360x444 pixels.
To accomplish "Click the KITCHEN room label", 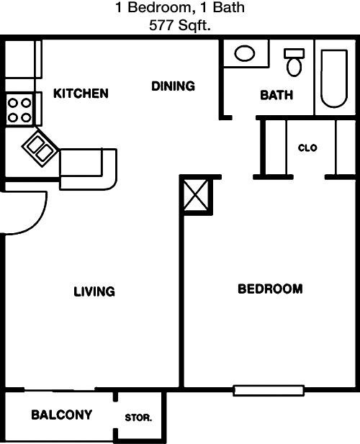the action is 81,94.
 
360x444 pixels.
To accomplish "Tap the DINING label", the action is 173,86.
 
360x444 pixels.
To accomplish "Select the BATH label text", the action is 276,95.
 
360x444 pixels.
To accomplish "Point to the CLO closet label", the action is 307,148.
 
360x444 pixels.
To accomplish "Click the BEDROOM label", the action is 270,289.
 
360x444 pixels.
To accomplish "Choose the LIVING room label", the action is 94,291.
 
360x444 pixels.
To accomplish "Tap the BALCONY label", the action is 61,414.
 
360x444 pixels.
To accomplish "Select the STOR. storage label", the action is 138,417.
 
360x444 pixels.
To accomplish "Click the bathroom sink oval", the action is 245,53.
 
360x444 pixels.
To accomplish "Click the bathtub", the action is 334,78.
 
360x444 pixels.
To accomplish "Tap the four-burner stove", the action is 19,110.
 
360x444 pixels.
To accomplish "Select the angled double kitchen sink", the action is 41,148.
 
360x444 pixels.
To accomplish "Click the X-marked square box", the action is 196,195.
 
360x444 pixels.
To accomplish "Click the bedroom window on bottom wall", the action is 269,391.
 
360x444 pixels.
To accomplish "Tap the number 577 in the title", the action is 161,26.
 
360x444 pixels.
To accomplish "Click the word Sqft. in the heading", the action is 194,26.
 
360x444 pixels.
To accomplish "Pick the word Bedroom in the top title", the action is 160,7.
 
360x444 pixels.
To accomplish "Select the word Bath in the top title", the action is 228,7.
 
